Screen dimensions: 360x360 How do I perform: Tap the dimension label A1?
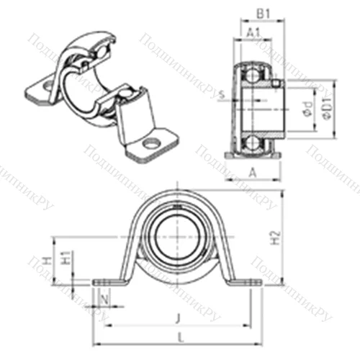[253, 33]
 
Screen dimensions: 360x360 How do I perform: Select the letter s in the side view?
[220, 94]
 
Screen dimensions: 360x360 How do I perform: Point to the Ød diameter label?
[307, 111]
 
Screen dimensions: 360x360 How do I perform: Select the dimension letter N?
[106, 298]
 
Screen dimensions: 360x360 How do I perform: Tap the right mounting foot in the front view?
[245, 282]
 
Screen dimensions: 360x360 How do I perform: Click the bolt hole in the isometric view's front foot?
[150, 143]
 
